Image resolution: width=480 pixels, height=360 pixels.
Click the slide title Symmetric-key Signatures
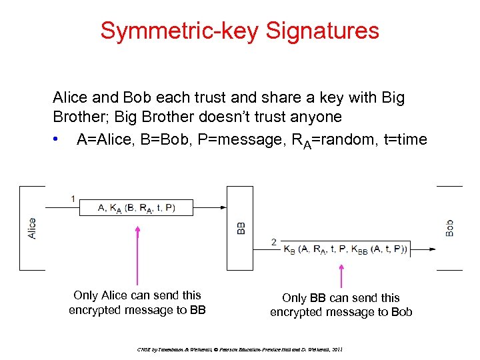pyautogui.click(x=239, y=30)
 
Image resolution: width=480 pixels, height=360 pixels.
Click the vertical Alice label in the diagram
pyautogui.click(x=32, y=228)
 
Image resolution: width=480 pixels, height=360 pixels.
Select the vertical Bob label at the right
pyautogui.click(x=449, y=228)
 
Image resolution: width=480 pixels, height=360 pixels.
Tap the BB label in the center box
pyautogui.click(x=241, y=228)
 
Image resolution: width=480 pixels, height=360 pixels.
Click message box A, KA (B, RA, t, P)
pyautogui.click(x=136, y=207)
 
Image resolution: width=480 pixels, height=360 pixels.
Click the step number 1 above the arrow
pyautogui.click(x=73, y=198)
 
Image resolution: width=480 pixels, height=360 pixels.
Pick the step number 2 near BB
pyautogui.click(x=274, y=241)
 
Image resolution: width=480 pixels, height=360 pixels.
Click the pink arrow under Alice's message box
pyautogui.click(x=137, y=257)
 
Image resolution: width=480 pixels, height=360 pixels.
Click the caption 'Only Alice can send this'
pyautogui.click(x=137, y=295)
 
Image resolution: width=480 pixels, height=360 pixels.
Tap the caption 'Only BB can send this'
pyautogui.click(x=341, y=297)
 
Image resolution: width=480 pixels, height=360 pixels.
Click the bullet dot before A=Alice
pyautogui.click(x=61, y=140)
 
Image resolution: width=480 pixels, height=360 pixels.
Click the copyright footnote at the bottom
pyautogui.click(x=239, y=349)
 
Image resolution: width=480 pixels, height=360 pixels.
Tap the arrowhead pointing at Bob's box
pyautogui.click(x=433, y=250)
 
